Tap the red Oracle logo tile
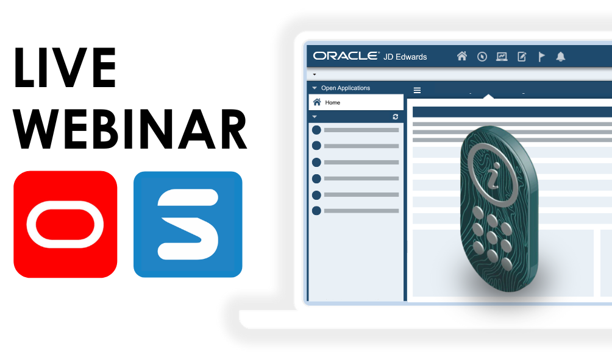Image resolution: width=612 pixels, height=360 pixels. coord(65,224)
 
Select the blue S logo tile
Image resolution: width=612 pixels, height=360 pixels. coord(188,224)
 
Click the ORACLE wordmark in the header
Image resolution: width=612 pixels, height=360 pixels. coord(346,56)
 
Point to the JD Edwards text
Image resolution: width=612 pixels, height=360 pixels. coord(405,57)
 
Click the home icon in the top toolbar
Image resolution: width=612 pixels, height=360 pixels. coord(462,57)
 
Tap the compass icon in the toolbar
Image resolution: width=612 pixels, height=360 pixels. coord(482,57)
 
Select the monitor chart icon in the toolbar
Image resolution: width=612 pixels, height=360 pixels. coord(502,57)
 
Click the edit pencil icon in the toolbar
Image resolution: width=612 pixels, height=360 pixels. coord(522,57)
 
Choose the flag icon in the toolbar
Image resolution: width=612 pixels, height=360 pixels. coord(541,57)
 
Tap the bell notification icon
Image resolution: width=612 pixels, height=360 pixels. coord(561,57)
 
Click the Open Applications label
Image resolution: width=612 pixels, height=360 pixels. coord(346,88)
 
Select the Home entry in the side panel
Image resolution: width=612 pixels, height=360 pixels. coord(332,102)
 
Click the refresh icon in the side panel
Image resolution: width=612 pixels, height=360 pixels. coord(395,116)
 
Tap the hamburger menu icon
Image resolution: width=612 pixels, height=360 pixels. coord(418,90)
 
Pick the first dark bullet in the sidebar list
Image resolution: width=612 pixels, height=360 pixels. coord(316,130)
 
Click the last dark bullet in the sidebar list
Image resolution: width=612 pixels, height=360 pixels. coord(316,211)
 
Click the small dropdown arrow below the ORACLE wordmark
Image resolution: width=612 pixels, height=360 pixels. coord(315,74)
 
